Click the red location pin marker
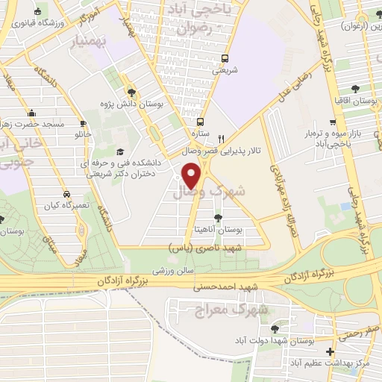point(192,175)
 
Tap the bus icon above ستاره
point(199,122)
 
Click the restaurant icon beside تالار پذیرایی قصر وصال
point(221,139)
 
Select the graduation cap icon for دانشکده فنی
point(119,151)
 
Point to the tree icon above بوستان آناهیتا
point(217,218)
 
